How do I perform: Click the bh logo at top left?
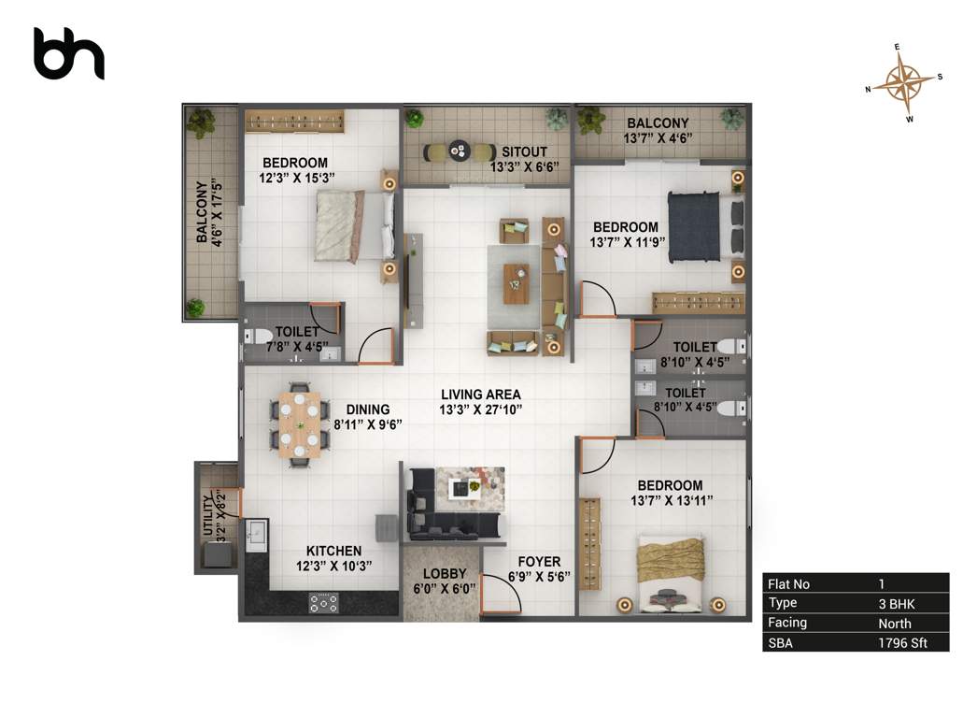[x=68, y=53]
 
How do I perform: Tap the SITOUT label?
[x=524, y=151]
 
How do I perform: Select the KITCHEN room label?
[x=333, y=551]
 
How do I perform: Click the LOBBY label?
[x=444, y=573]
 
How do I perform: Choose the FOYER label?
[x=539, y=562]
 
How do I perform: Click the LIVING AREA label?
[x=481, y=395]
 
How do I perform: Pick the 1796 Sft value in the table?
[x=902, y=642]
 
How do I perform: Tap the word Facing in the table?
[x=786, y=623]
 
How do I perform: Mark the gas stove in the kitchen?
[x=324, y=603]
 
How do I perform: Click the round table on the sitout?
[x=460, y=150]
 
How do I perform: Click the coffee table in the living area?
[x=516, y=283]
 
